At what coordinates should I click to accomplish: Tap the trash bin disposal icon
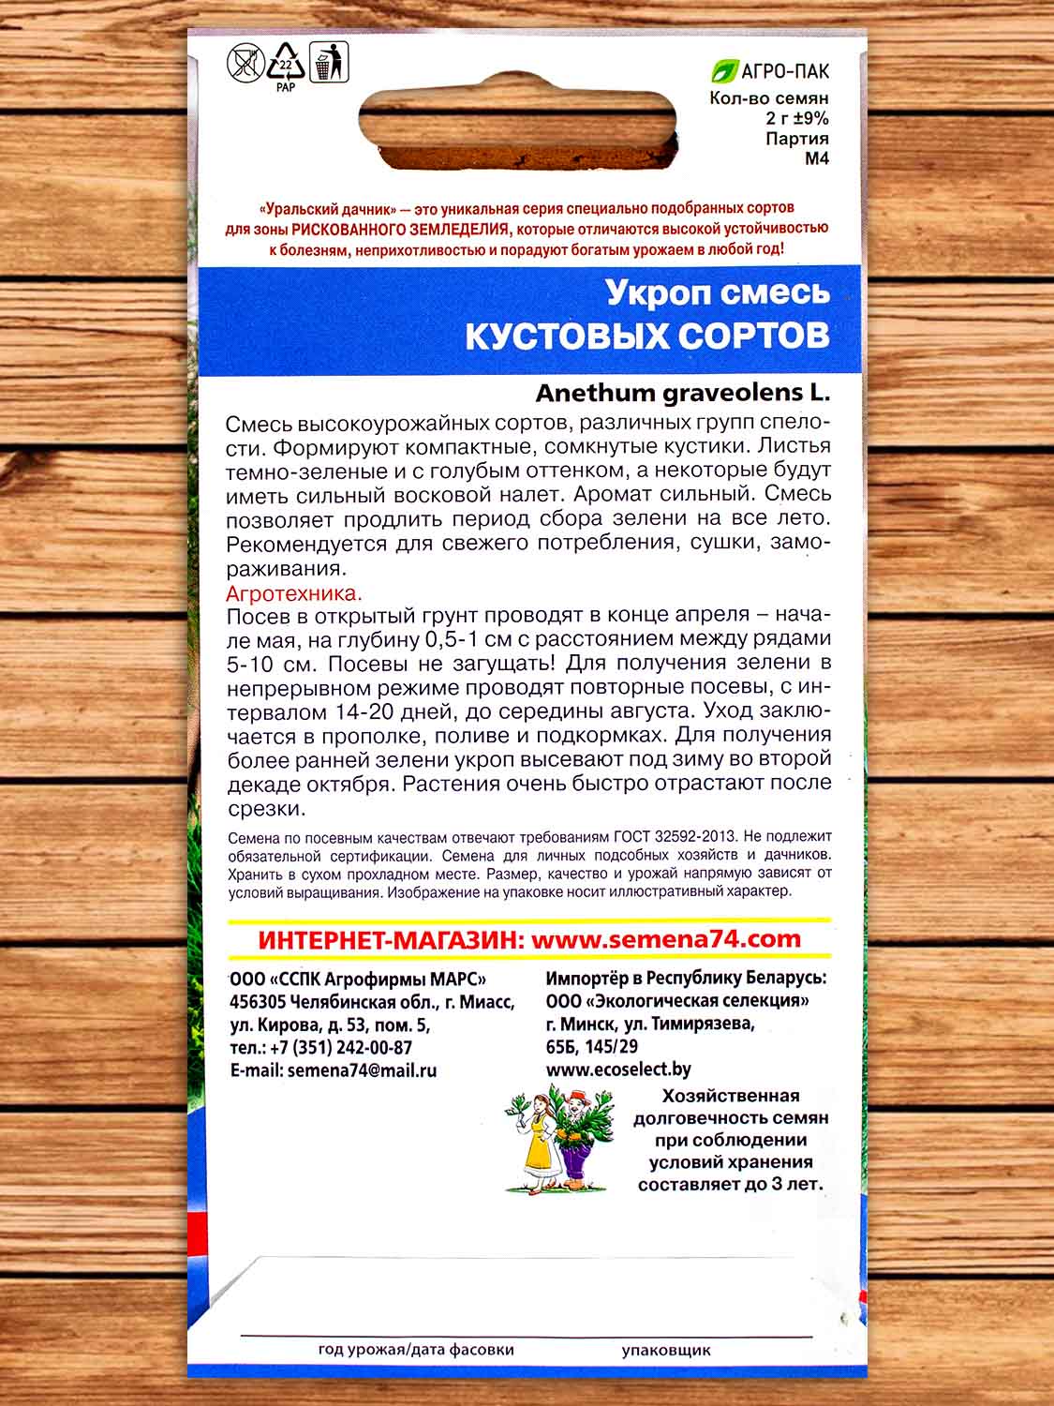(327, 61)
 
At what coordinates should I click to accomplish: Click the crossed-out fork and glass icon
(245, 64)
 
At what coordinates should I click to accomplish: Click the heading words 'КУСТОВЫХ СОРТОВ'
(647, 335)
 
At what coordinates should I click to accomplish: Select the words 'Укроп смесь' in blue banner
(718, 292)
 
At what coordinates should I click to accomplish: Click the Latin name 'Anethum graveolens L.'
(682, 393)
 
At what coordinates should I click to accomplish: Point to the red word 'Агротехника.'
(294, 593)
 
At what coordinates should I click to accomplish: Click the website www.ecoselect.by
(618, 1069)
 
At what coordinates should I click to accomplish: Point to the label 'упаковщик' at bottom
(665, 1351)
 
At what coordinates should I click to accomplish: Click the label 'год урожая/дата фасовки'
(416, 1351)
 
